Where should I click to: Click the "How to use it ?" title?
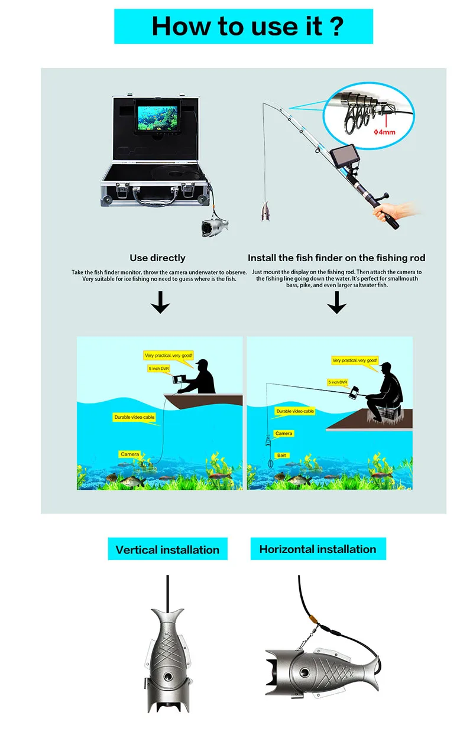pos(247,26)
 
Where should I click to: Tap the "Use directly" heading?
pos(157,258)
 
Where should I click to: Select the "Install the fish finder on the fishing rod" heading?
pos(336,258)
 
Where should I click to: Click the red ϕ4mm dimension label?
pos(384,132)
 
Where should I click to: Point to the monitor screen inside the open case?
pos(157,118)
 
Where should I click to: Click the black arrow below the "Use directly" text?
pos(160,302)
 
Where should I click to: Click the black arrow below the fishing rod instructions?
pos(336,302)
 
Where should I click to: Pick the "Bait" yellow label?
pos(282,455)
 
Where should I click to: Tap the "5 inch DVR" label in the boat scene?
pos(159,368)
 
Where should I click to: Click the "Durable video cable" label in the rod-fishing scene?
pos(295,411)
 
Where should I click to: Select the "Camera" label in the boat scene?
pos(129,454)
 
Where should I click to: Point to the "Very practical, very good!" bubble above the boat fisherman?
pos(169,356)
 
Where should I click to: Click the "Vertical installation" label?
pos(167,549)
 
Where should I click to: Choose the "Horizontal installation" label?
pos(318,549)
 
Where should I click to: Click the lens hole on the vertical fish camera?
pos(168,677)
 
